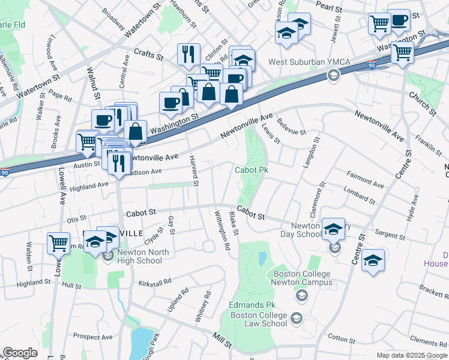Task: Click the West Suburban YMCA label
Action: pyautogui.click(x=304, y=62)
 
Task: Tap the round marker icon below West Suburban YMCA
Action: pyautogui.click(x=332, y=75)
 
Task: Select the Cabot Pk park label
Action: pyautogui.click(x=251, y=170)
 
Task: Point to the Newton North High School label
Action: pyautogui.click(x=140, y=256)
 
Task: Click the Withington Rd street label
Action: pyautogui.click(x=223, y=230)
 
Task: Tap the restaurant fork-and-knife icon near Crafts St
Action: pyautogui.click(x=188, y=54)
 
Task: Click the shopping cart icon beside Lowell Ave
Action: pyautogui.click(x=58, y=243)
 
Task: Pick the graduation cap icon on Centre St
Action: pyautogui.click(x=373, y=260)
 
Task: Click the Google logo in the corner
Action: pyautogui.click(x=20, y=353)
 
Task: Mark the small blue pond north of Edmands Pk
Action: pyautogui.click(x=262, y=259)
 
